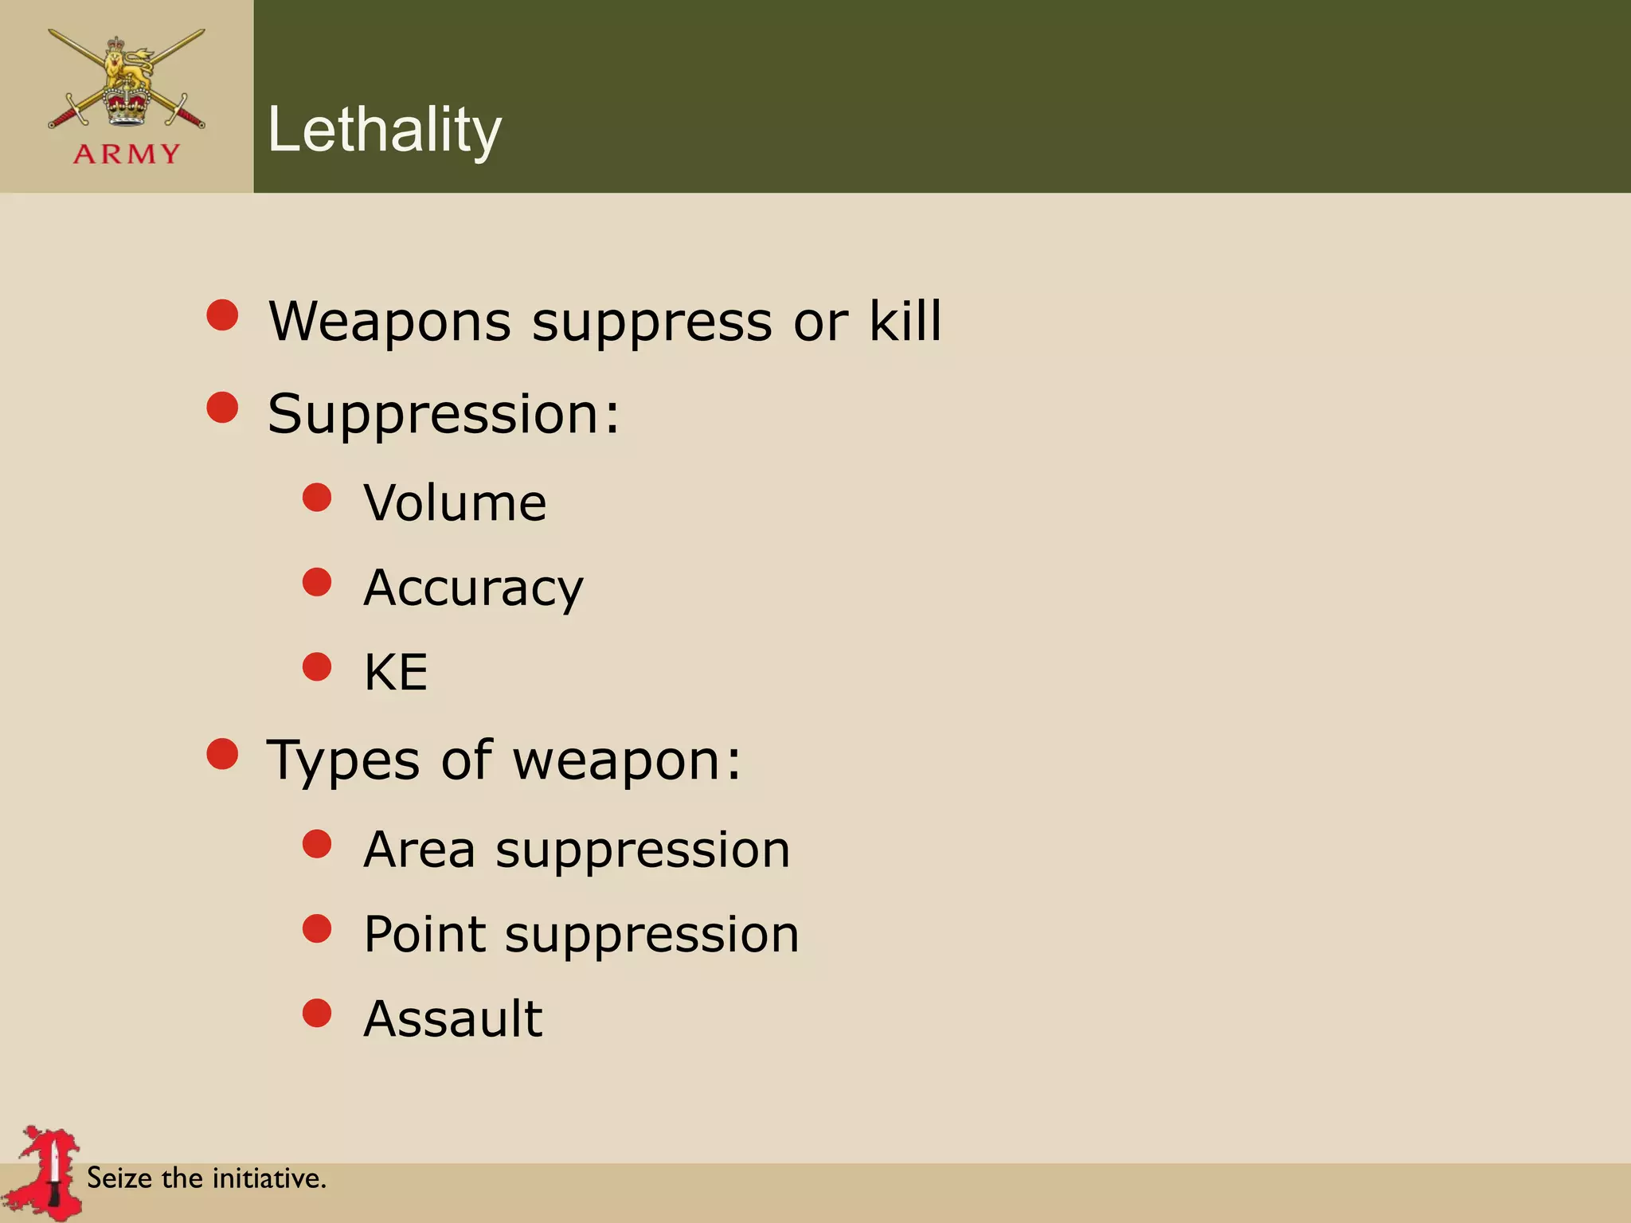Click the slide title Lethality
point(385,130)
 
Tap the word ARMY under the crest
point(127,154)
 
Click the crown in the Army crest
point(127,104)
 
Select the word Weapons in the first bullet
point(389,322)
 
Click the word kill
point(905,321)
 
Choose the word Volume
point(455,503)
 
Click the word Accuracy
point(473,588)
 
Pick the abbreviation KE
point(396,672)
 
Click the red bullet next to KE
point(317,666)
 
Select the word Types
point(343,760)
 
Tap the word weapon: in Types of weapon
point(626,760)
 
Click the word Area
point(419,850)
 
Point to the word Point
point(424,934)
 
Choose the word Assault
point(452,1018)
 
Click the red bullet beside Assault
point(317,1013)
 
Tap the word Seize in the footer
point(119,1178)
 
